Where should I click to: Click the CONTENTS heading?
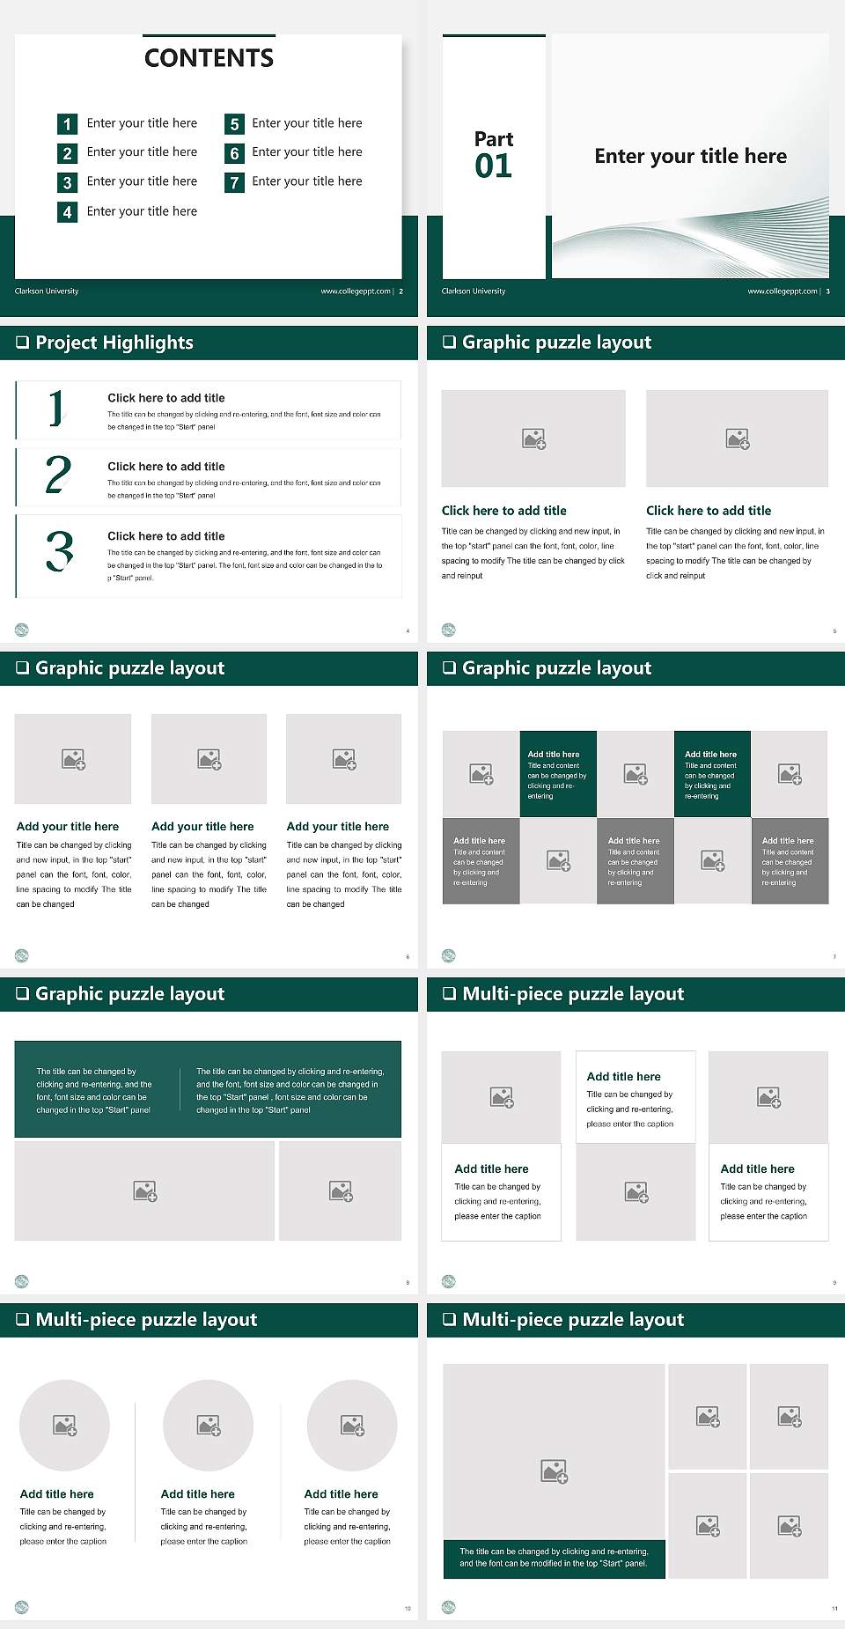point(209,58)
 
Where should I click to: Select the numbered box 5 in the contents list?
point(234,124)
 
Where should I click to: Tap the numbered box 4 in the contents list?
point(67,212)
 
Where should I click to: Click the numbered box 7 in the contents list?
point(234,182)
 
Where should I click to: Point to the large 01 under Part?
point(493,166)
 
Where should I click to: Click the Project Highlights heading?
point(114,343)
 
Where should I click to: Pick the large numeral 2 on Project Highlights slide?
point(58,475)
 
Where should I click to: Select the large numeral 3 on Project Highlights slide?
point(59,551)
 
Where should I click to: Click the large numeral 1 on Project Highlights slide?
point(56,408)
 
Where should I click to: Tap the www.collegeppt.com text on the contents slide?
point(356,291)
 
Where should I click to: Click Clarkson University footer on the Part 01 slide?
point(474,291)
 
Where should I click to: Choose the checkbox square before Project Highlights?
point(22,343)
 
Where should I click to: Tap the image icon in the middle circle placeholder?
point(209,1425)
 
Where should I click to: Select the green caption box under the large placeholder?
point(554,1558)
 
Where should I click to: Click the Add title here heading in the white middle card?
point(623,1076)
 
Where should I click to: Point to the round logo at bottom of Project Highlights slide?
point(22,630)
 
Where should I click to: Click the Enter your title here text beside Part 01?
point(690,157)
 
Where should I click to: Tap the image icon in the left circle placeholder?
point(65,1425)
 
